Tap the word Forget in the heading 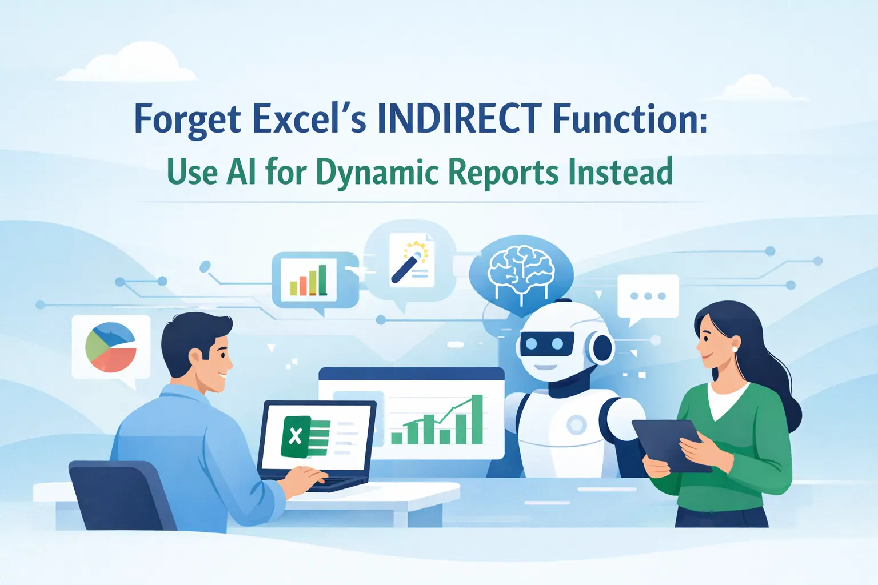[x=187, y=119]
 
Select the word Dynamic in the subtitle [x=377, y=172]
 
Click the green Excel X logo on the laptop [x=296, y=436]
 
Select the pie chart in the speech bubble [x=111, y=347]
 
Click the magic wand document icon [x=412, y=261]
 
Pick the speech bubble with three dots [x=648, y=296]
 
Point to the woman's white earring [x=735, y=349]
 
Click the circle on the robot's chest [x=576, y=424]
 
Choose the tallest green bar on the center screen [x=477, y=419]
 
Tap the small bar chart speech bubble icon [x=308, y=279]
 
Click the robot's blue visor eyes [x=544, y=344]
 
